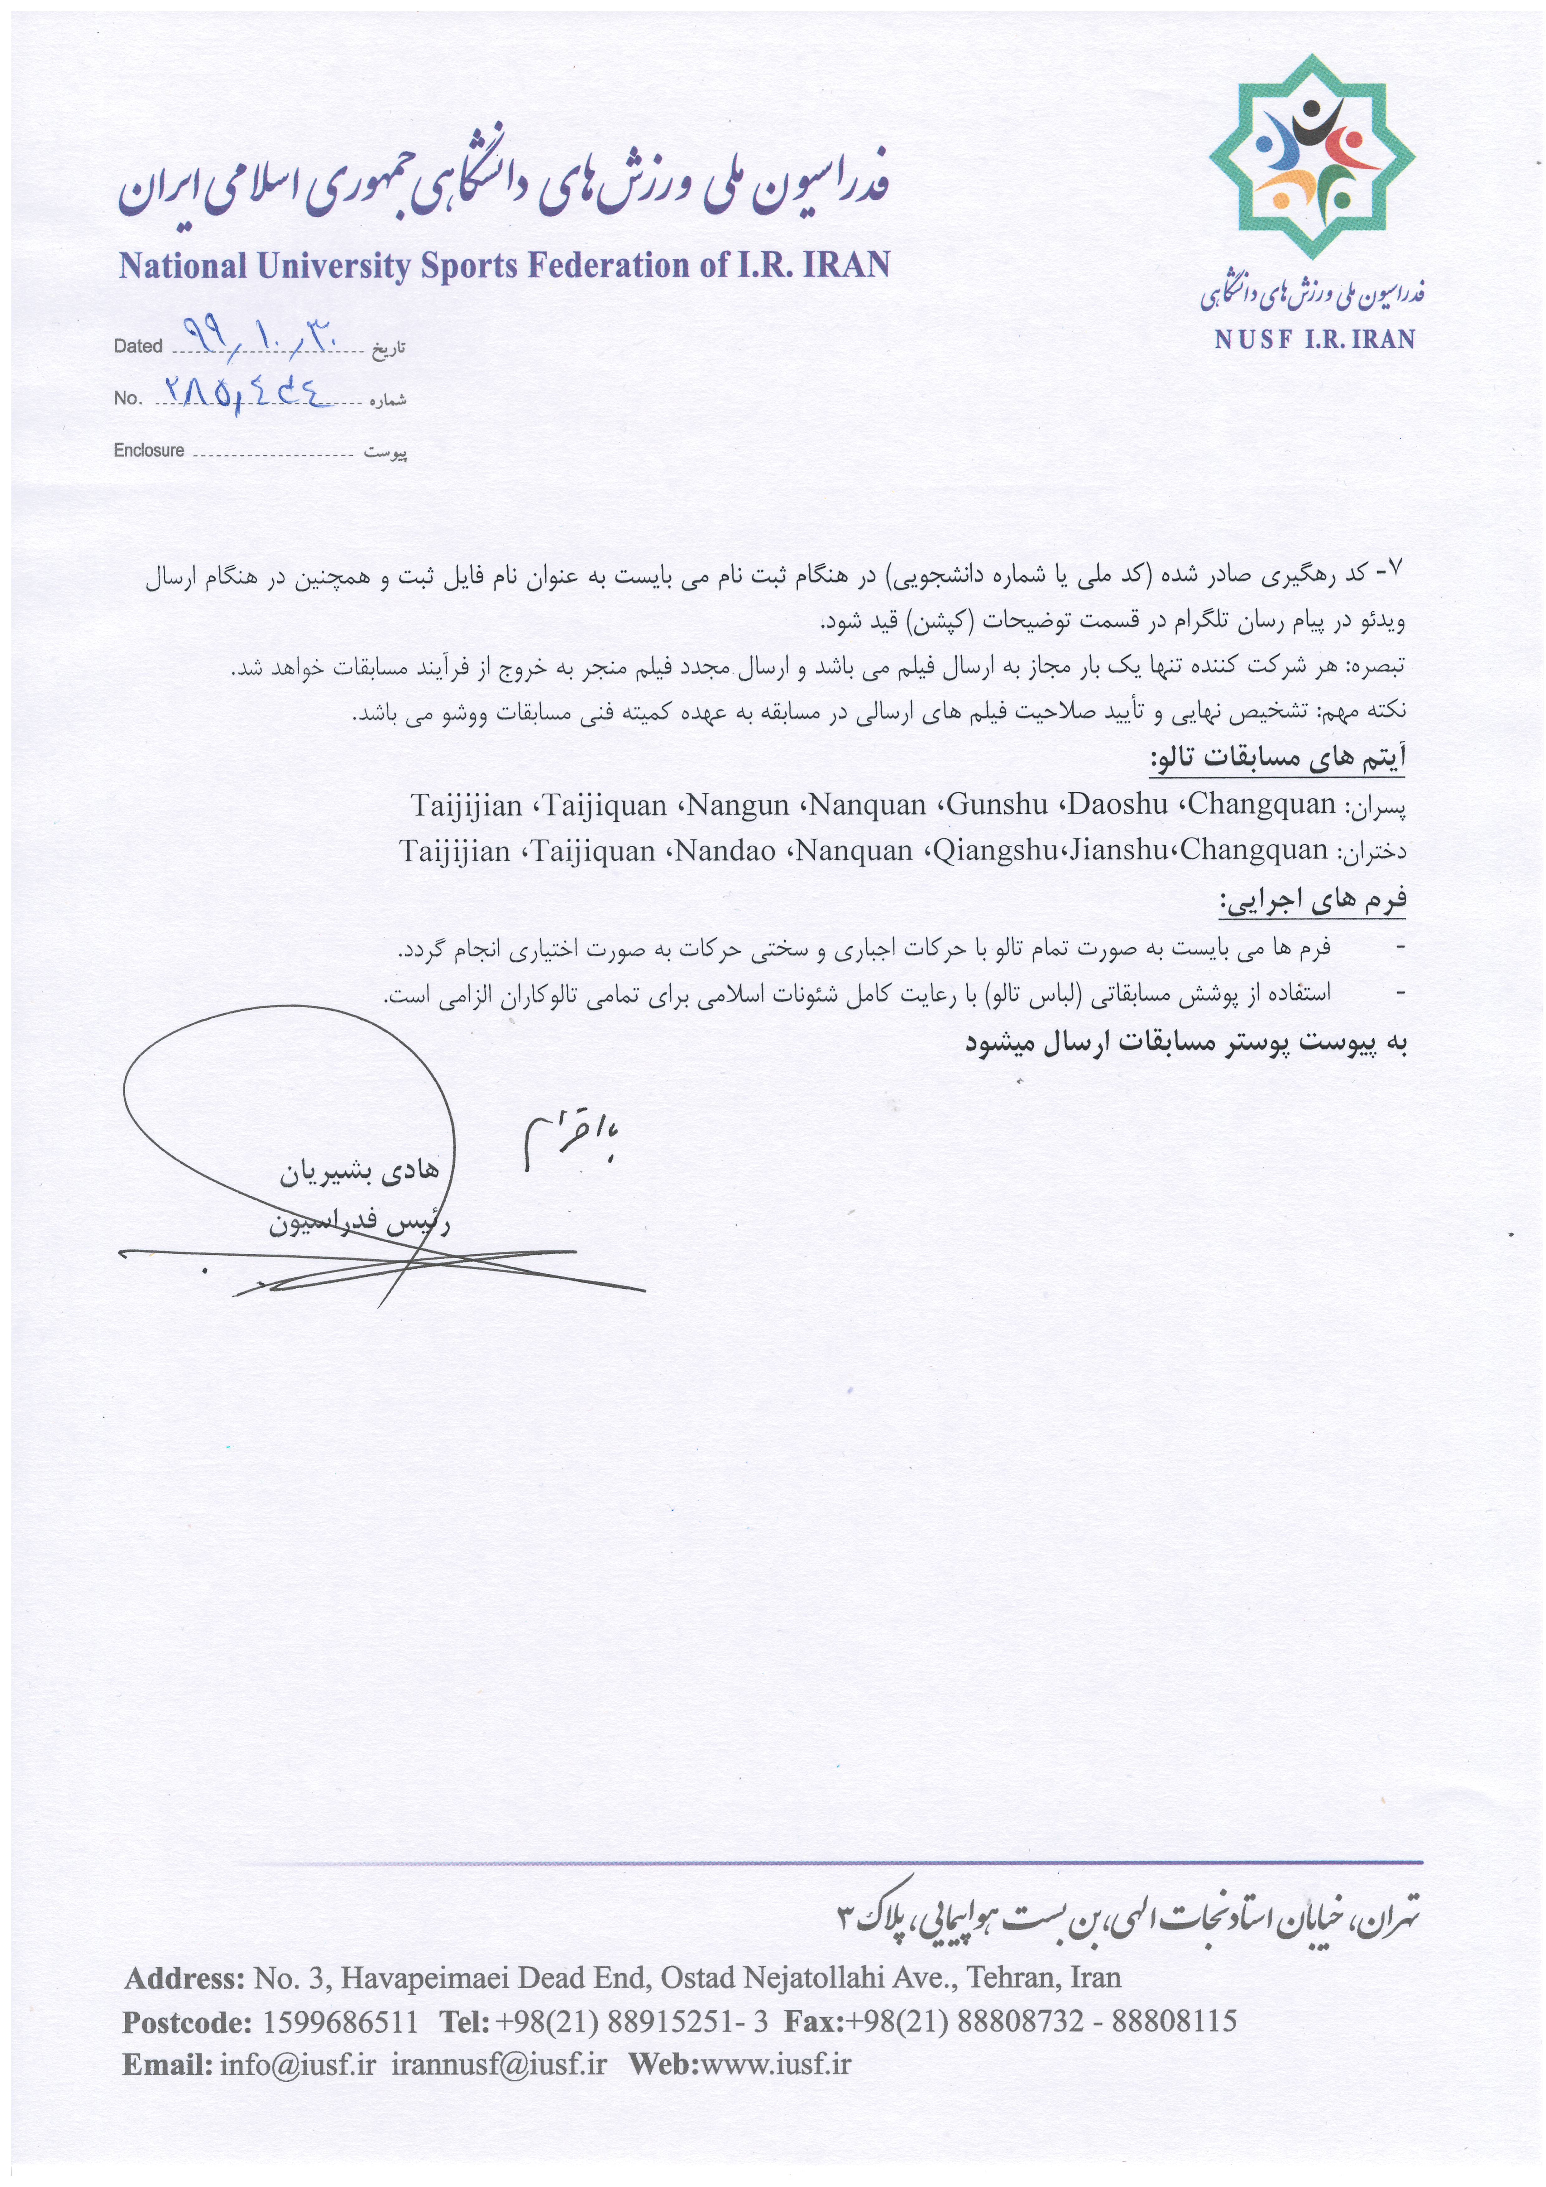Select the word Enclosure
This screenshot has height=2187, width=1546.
[149, 450]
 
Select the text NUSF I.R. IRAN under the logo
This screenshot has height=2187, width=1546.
[1314, 339]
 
